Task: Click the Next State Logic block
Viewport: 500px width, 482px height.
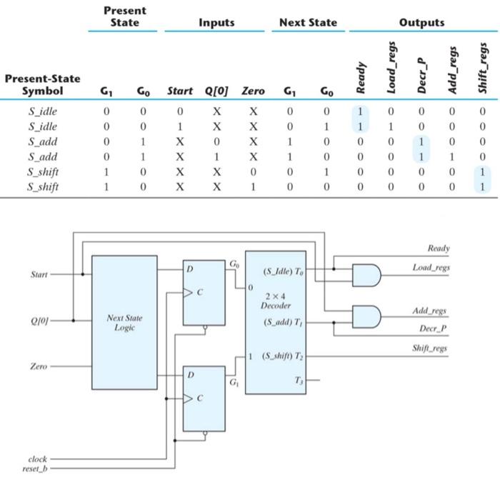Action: [x=124, y=321]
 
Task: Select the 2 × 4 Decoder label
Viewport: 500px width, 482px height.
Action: [x=275, y=300]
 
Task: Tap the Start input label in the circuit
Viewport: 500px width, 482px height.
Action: [x=40, y=273]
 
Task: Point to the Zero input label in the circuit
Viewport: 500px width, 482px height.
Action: [x=39, y=366]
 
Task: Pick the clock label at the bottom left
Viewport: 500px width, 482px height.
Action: [x=37, y=459]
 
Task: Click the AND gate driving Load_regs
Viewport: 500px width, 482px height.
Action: [x=364, y=273]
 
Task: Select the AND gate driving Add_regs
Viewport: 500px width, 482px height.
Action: [x=364, y=316]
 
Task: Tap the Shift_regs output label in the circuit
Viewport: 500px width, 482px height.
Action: [x=430, y=348]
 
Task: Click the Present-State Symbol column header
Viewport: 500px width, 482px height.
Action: [x=42, y=84]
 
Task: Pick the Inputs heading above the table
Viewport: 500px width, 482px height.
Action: [x=216, y=23]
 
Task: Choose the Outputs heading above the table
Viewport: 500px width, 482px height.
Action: [x=421, y=23]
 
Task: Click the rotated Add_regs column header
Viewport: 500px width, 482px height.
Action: [x=451, y=69]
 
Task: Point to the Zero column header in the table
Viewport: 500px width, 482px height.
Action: [x=253, y=91]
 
